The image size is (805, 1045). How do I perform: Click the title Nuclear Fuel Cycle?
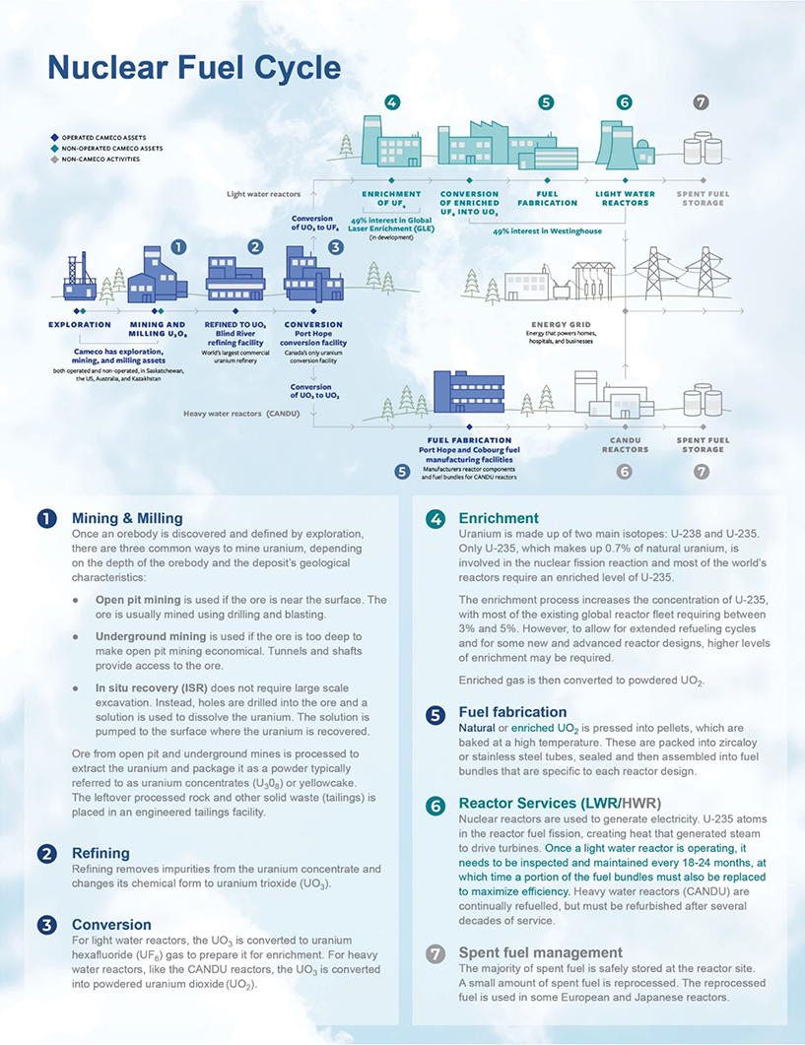click(x=194, y=67)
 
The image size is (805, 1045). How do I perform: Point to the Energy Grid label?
click(x=563, y=324)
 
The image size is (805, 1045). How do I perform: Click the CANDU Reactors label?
click(x=625, y=445)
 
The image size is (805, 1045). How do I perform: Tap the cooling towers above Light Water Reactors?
click(x=623, y=147)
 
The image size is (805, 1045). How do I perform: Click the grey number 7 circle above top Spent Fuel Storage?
click(x=701, y=102)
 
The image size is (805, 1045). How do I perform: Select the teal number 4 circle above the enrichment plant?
click(x=392, y=102)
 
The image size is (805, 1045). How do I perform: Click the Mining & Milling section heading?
click(x=127, y=518)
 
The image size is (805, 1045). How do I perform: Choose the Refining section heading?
click(x=100, y=853)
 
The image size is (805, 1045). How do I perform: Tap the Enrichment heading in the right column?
click(x=499, y=518)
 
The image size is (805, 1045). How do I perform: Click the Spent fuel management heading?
click(x=540, y=952)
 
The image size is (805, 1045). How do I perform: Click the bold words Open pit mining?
click(x=138, y=600)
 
